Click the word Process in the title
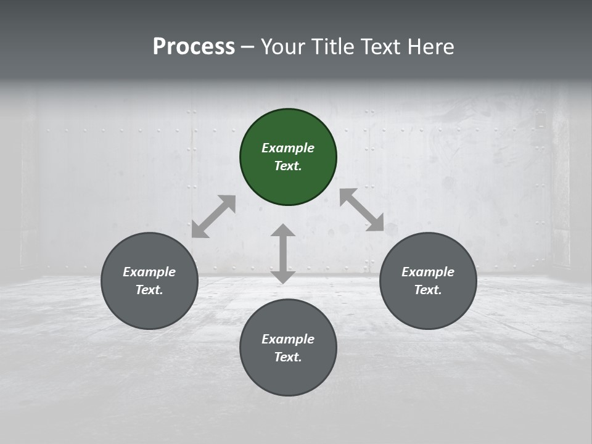pyautogui.click(x=194, y=47)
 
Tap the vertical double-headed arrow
pyautogui.click(x=283, y=253)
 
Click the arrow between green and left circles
pyautogui.click(x=213, y=216)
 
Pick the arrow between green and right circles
pyautogui.click(x=361, y=210)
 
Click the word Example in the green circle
pyautogui.click(x=288, y=148)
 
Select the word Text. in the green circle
pyautogui.click(x=288, y=166)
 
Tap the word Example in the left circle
pyautogui.click(x=149, y=272)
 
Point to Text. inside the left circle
pyautogui.click(x=149, y=290)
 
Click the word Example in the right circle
pyautogui.click(x=428, y=272)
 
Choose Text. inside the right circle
pyautogui.click(x=428, y=290)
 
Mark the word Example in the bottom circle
pyautogui.click(x=288, y=339)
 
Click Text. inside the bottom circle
pyautogui.click(x=288, y=357)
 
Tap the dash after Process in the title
pyautogui.click(x=247, y=47)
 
